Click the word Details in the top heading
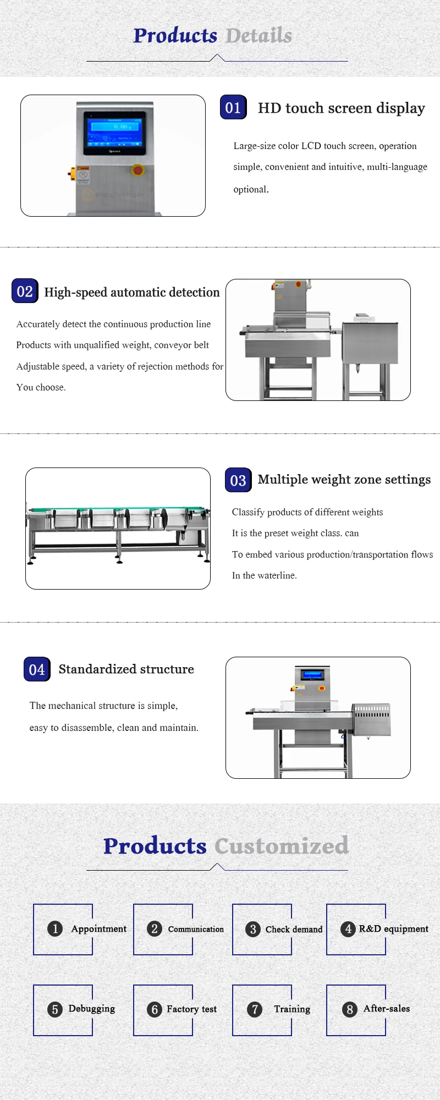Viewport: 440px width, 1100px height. (258, 36)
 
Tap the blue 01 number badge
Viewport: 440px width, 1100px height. (233, 107)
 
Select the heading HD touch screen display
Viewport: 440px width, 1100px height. (341, 108)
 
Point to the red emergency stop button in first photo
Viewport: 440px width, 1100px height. (137, 170)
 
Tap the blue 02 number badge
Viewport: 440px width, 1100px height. (25, 291)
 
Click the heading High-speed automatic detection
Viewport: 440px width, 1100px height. (132, 292)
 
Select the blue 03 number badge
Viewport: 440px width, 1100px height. (238, 480)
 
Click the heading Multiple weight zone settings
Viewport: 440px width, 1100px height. (344, 480)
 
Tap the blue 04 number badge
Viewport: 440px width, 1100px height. (37, 669)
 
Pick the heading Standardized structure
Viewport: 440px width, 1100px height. (126, 669)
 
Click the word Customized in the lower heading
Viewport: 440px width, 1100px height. (281, 846)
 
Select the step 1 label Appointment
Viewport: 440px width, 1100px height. (98, 929)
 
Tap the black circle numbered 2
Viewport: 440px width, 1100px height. (155, 929)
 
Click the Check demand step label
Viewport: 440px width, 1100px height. (294, 930)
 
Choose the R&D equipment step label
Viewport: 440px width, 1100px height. (393, 929)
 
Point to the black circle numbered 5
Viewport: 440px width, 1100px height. (54, 1009)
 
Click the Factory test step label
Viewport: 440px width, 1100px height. (191, 1009)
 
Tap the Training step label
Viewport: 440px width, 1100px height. (292, 1009)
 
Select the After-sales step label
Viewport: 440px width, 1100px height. (386, 1009)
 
